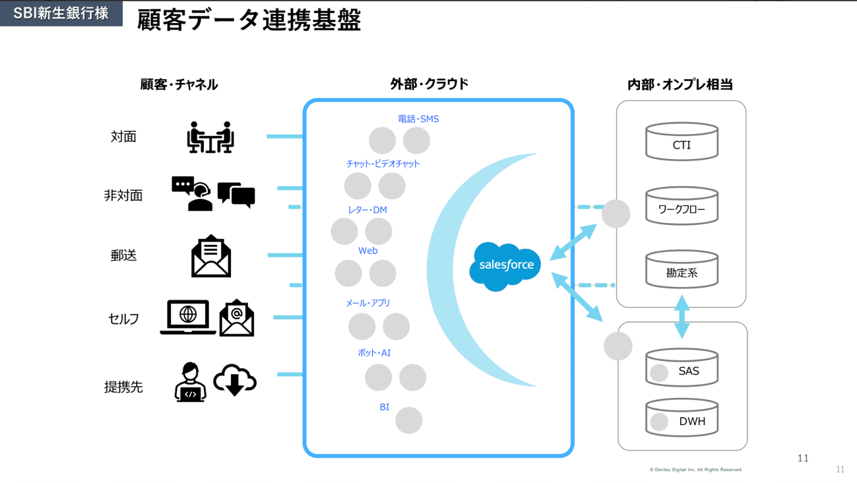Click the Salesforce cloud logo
pyautogui.click(x=505, y=266)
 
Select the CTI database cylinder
pyautogui.click(x=682, y=142)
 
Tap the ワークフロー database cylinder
pyautogui.click(x=682, y=207)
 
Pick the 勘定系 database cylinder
pyautogui.click(x=682, y=270)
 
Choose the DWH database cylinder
pyautogui.click(x=682, y=418)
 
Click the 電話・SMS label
pyautogui.click(x=418, y=119)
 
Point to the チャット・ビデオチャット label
pyautogui.click(x=383, y=164)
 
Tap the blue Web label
pyautogui.click(x=367, y=251)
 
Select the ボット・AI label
pyautogui.click(x=374, y=353)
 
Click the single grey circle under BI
pyautogui.click(x=408, y=420)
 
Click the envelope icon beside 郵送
pyautogui.click(x=211, y=256)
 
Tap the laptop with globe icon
pyautogui.click(x=188, y=317)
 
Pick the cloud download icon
pyautogui.click(x=235, y=380)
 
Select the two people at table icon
pyautogui.click(x=210, y=137)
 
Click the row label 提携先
pyautogui.click(x=123, y=387)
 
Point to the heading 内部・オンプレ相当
pyautogui.click(x=680, y=84)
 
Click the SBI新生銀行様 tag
pyautogui.click(x=61, y=13)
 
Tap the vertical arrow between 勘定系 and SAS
pyautogui.click(x=682, y=317)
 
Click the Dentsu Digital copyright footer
pyautogui.click(x=695, y=470)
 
